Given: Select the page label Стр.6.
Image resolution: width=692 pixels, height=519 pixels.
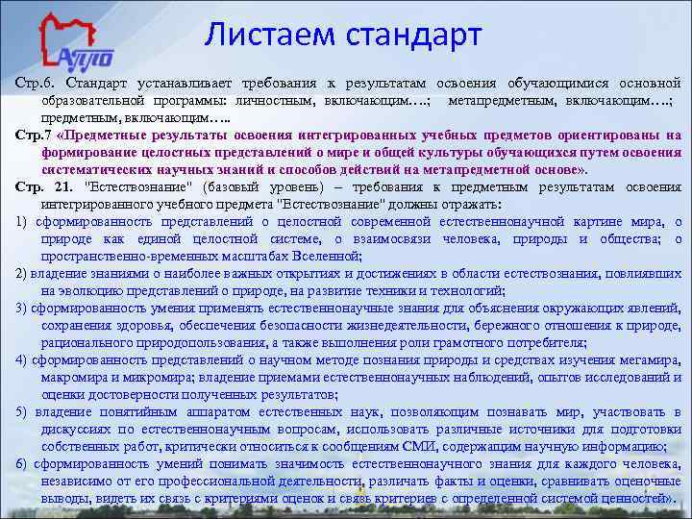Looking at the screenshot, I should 36,85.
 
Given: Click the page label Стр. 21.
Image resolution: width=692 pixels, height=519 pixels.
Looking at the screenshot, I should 43,185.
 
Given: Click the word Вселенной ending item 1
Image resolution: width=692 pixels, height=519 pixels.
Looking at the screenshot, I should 328,256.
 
